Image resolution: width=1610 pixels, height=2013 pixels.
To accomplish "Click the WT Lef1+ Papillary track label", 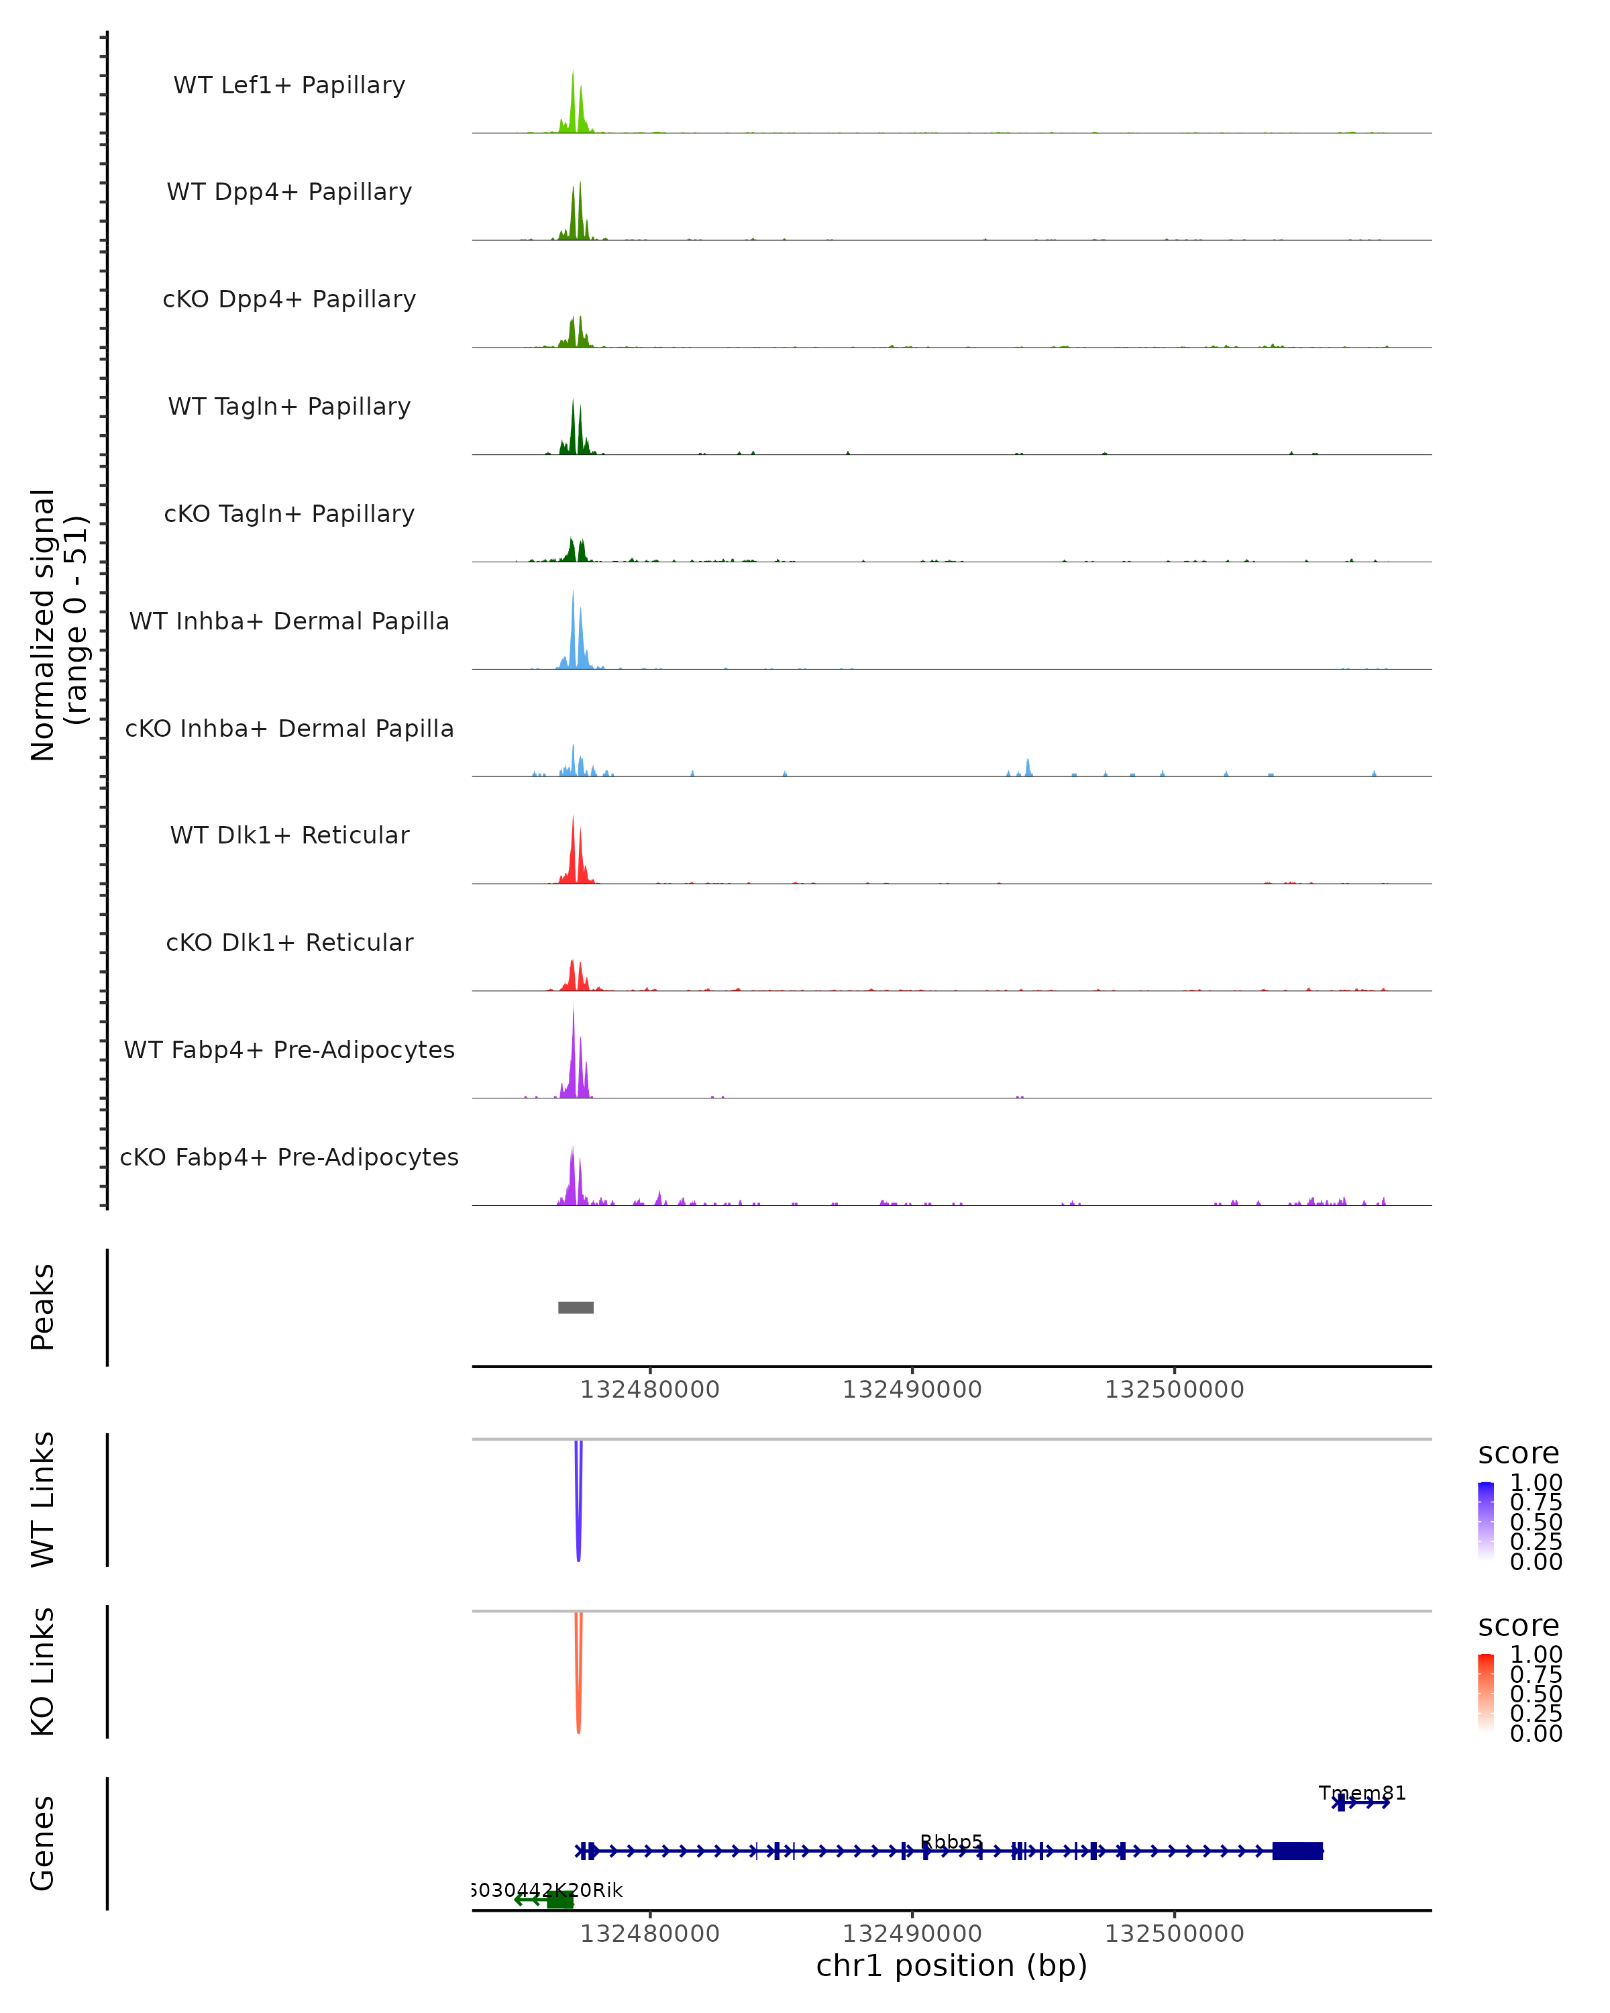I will point(289,85).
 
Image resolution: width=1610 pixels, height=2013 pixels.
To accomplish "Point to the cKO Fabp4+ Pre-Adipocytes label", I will point(289,1157).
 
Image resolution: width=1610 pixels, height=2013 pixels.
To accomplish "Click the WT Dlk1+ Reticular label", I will point(289,835).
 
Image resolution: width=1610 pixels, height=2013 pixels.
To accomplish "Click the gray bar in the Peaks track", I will point(576,1307).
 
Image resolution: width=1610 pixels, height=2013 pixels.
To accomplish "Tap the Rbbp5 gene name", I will point(951,1842).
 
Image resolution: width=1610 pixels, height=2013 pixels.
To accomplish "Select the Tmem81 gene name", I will point(1362,1793).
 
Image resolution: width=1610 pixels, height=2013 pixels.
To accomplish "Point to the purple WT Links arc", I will point(579,1512).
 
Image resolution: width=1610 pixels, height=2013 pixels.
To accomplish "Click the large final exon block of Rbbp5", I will point(1297,1851).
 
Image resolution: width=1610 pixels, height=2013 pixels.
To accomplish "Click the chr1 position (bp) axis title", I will point(951,1966).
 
